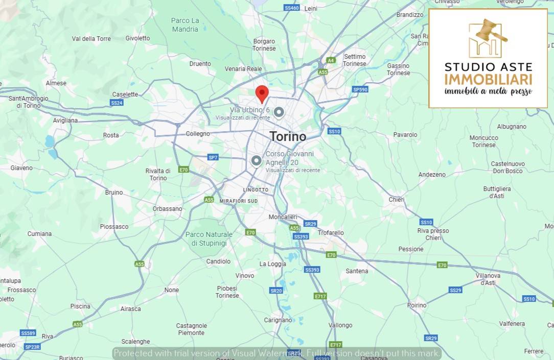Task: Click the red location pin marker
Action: pos(262,93)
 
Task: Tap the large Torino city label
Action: pos(288,136)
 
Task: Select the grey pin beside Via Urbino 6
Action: pos(279,111)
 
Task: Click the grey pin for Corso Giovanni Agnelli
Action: pos(256,160)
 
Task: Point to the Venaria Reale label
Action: pos(243,69)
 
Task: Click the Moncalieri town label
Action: pos(283,217)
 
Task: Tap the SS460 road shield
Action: pos(291,8)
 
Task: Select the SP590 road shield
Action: pos(360,89)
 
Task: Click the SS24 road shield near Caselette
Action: pos(117,103)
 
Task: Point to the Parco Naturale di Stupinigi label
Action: pos(209,239)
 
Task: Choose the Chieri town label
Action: pos(397,200)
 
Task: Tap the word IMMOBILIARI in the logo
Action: pos(488,79)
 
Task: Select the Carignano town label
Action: pos(278,320)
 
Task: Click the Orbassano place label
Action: pos(167,209)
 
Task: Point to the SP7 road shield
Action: pos(213,157)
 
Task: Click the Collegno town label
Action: pos(198,134)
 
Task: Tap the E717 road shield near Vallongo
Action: pos(335,345)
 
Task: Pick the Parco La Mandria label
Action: pos(185,25)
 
